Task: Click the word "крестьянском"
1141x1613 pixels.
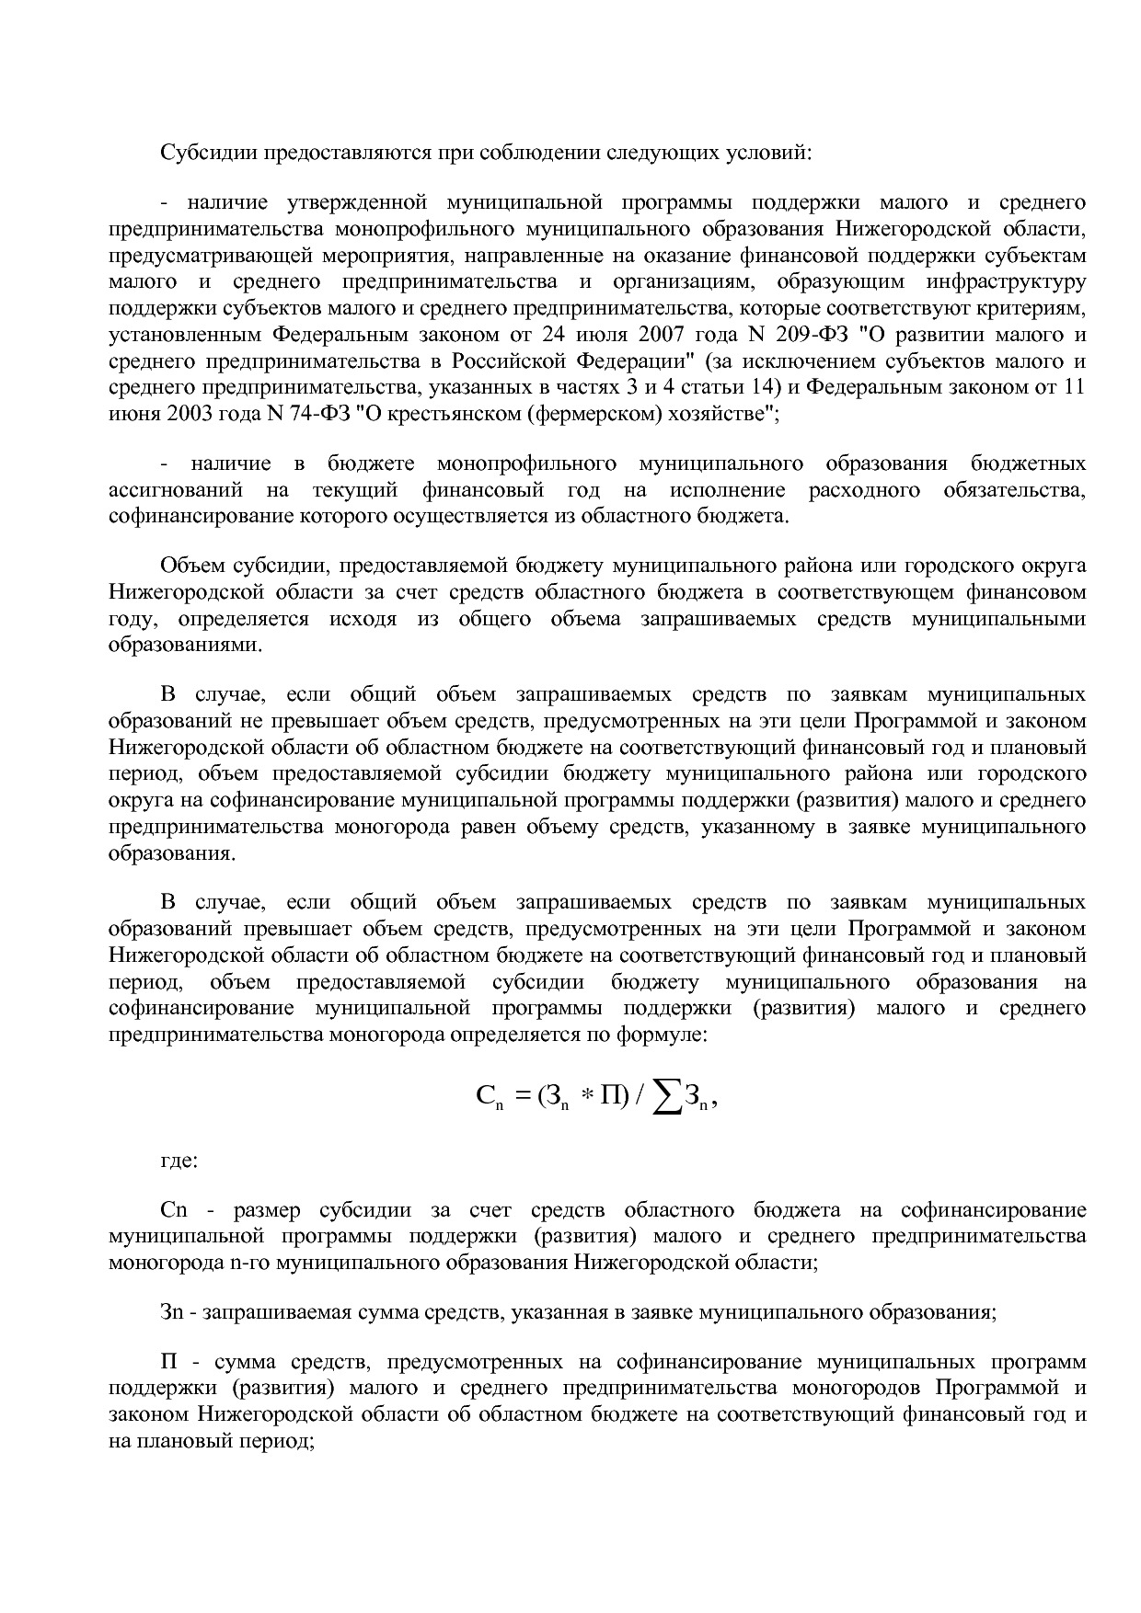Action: (x=440, y=413)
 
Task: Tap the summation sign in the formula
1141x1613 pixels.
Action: (x=666, y=1096)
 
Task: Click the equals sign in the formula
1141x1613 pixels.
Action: (x=524, y=1097)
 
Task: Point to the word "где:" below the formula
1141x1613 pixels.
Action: (x=179, y=1160)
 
